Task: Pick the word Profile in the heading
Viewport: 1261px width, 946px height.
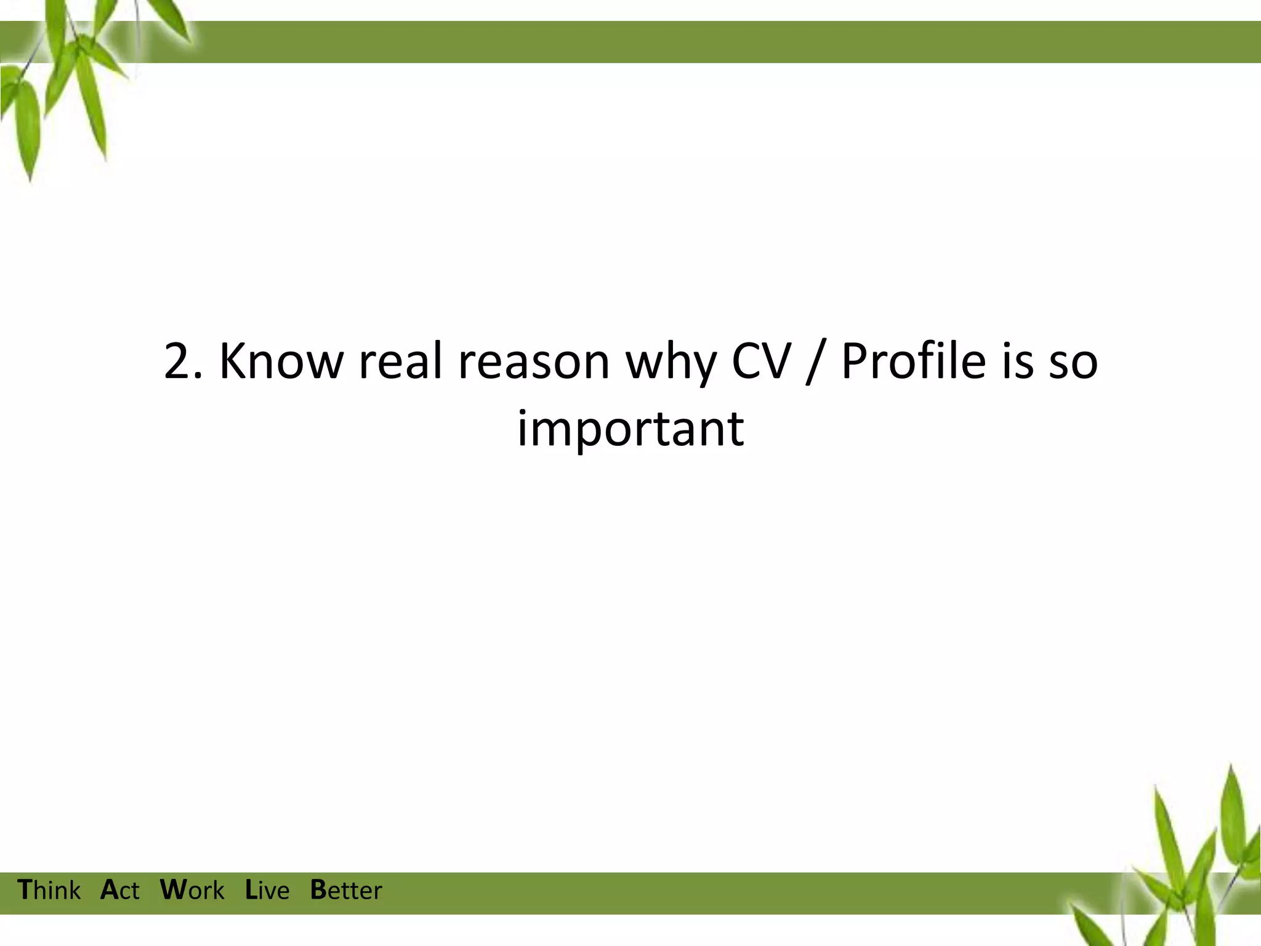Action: (913, 361)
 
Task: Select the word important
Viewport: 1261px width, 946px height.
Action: (630, 429)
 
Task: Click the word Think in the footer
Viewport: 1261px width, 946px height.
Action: (49, 891)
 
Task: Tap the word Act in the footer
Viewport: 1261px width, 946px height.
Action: (119, 891)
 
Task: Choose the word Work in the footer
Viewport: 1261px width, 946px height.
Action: (191, 891)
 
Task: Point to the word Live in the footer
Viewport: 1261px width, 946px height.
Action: (267, 891)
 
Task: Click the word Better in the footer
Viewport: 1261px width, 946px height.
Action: (345, 891)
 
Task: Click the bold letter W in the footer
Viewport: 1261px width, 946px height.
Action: (172, 890)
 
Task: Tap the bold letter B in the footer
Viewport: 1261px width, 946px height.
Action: (318, 890)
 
